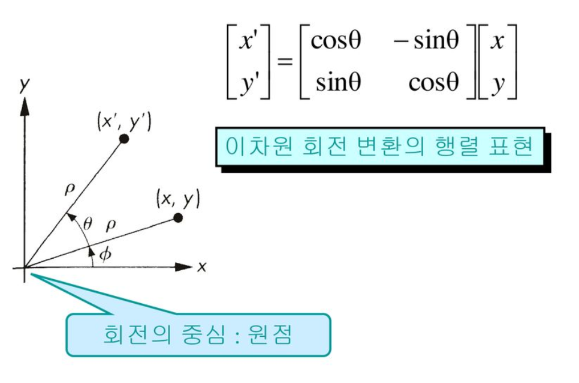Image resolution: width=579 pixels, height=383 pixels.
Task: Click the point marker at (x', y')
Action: coord(124,139)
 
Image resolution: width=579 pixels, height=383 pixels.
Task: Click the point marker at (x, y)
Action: coord(177,217)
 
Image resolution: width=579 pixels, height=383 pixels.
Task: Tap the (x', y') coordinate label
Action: coord(125,122)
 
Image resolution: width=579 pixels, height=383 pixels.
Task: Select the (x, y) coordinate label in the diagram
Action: coord(177,198)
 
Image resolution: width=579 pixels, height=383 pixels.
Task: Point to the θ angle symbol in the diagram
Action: coord(88,224)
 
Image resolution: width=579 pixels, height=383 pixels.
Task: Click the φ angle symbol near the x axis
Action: coord(105,254)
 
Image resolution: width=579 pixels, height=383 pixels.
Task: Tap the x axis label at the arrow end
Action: coord(201,267)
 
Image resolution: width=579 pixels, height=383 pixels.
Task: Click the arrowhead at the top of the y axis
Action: coord(25,106)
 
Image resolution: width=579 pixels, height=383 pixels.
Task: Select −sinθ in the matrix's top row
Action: coord(427,41)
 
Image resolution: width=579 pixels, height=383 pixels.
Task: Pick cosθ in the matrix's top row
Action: coord(336,41)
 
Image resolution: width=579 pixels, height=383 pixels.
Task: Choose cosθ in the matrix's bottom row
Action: coord(433,82)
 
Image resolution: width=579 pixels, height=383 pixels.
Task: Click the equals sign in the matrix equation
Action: coord(285,62)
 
